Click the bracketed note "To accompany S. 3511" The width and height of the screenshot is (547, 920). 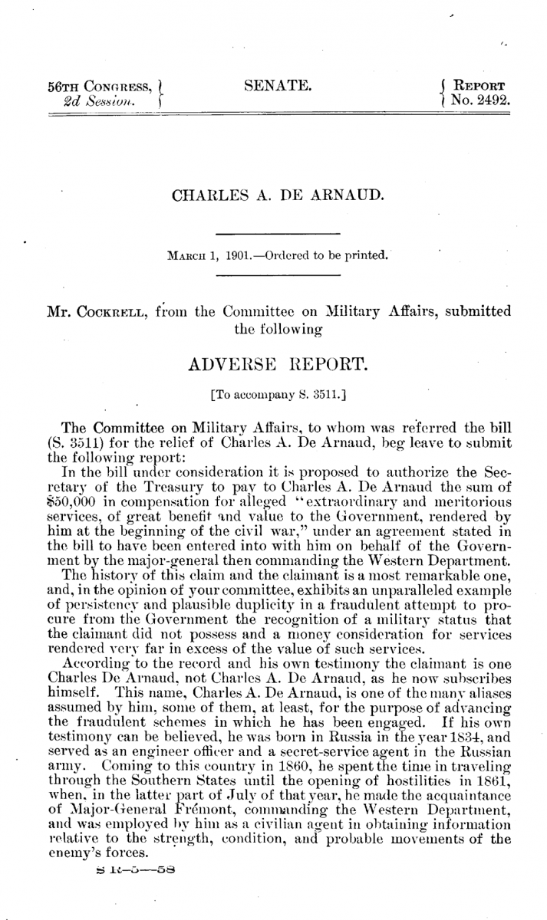coord(278,398)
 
